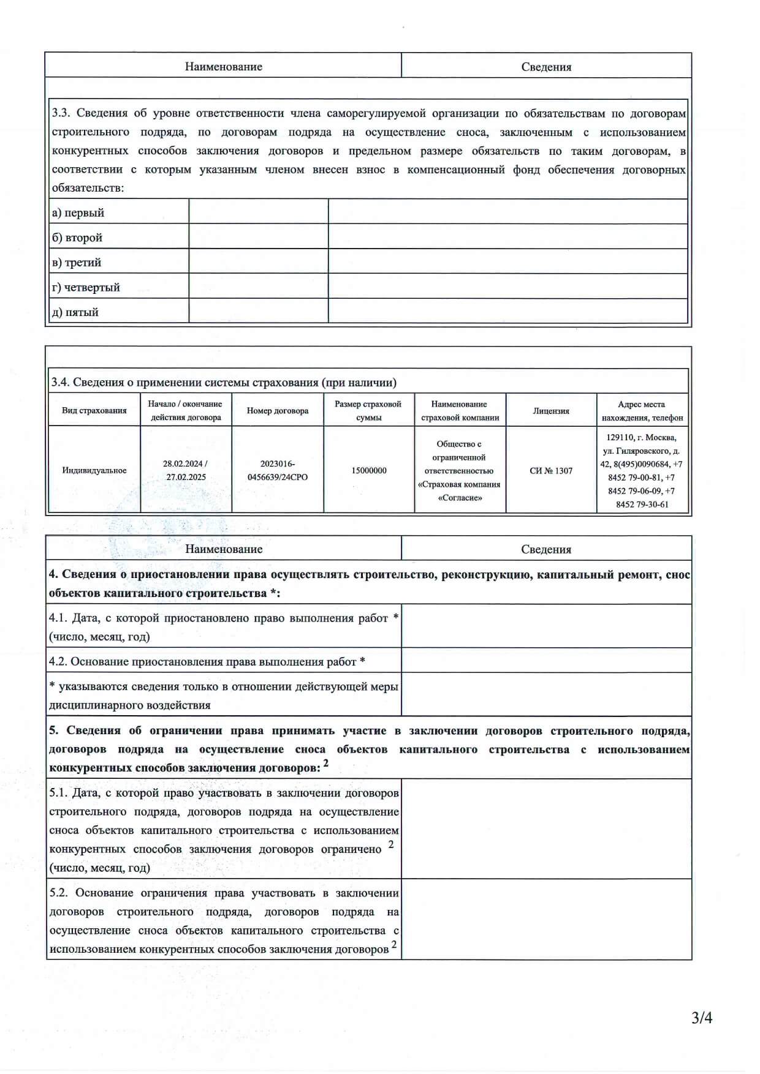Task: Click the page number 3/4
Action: pos(702,1018)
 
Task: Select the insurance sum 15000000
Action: pos(369,470)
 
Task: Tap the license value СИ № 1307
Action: pos(551,470)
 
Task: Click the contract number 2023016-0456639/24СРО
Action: pos(277,470)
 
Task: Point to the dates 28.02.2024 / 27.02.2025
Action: pos(185,470)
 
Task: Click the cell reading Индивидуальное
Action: pos(94,470)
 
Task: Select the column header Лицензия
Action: pos(551,411)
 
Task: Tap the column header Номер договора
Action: pos(277,411)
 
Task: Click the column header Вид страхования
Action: pos(94,411)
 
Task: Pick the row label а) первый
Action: pos(78,212)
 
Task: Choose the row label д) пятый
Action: pos(75,312)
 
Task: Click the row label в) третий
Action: pos(77,263)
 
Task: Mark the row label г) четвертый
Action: pos(86,287)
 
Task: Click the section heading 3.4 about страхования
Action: pos(224,383)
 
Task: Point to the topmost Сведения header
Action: pos(546,67)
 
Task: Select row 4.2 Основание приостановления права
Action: pos(207,661)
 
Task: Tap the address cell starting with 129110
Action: pos(642,470)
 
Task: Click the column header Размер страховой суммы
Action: pos(368,411)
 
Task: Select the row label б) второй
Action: pos(77,238)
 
